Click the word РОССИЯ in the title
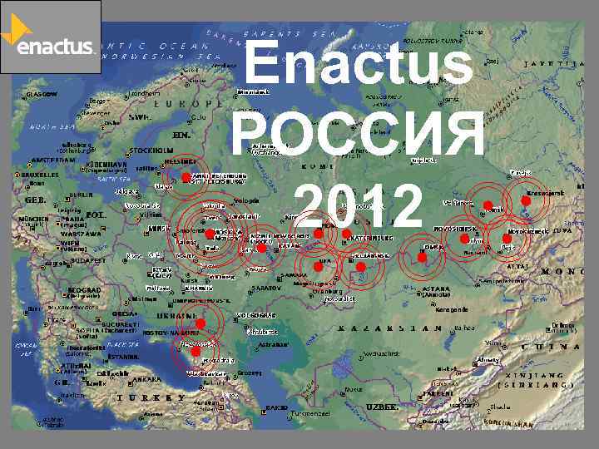click(359, 136)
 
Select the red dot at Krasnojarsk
click(526, 202)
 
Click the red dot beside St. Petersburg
click(186, 178)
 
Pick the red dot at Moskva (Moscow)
click(209, 234)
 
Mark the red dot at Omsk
click(423, 259)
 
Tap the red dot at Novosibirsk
click(463, 239)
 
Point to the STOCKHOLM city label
click(151, 151)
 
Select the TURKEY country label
click(141, 397)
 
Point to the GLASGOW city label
click(41, 94)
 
